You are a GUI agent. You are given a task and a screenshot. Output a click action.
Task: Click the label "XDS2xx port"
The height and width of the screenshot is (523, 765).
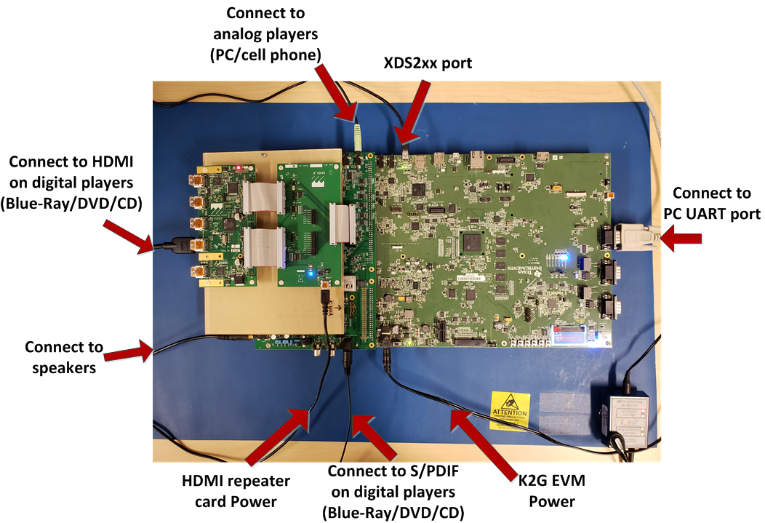tap(428, 63)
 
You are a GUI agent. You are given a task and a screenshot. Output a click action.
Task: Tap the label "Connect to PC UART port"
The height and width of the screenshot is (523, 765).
tap(712, 204)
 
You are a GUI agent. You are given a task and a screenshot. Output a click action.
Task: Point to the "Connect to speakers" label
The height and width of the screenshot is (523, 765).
tap(64, 357)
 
